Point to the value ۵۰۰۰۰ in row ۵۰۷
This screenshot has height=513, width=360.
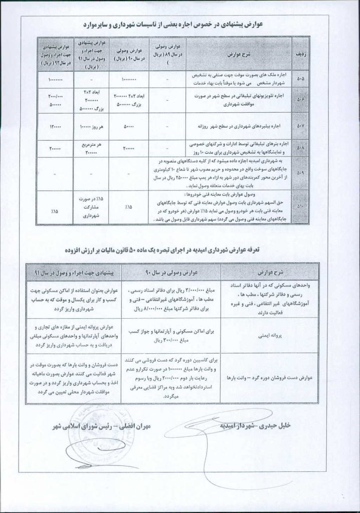[x=129, y=128]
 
